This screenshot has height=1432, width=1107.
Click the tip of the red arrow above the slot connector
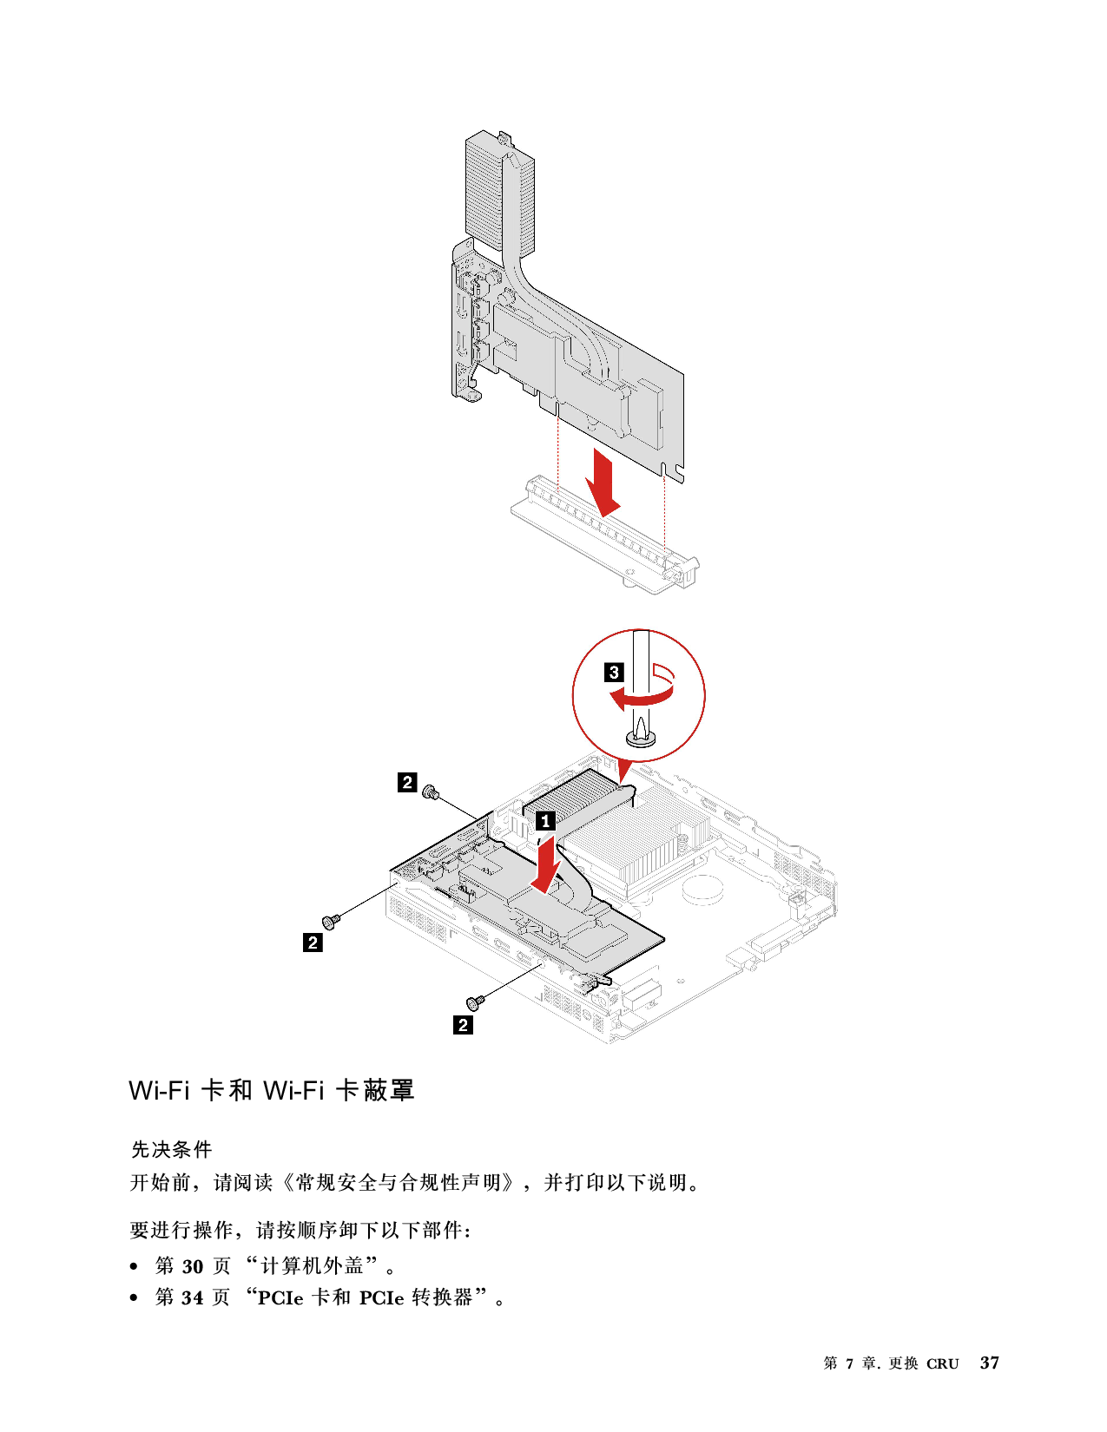[605, 516]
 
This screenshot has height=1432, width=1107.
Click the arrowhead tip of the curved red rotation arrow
[610, 697]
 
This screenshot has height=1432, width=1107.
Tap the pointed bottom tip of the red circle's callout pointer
[621, 785]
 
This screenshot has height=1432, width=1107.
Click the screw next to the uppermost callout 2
[432, 792]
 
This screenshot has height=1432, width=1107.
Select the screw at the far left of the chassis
[330, 921]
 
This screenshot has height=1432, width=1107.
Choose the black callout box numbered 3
[614, 673]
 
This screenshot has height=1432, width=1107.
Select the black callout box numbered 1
[545, 821]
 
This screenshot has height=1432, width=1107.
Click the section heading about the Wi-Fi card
[272, 1090]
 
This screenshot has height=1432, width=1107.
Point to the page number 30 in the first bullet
[193, 1266]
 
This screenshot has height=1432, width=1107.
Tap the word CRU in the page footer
[943, 1363]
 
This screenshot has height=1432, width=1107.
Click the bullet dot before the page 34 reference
[135, 1298]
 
